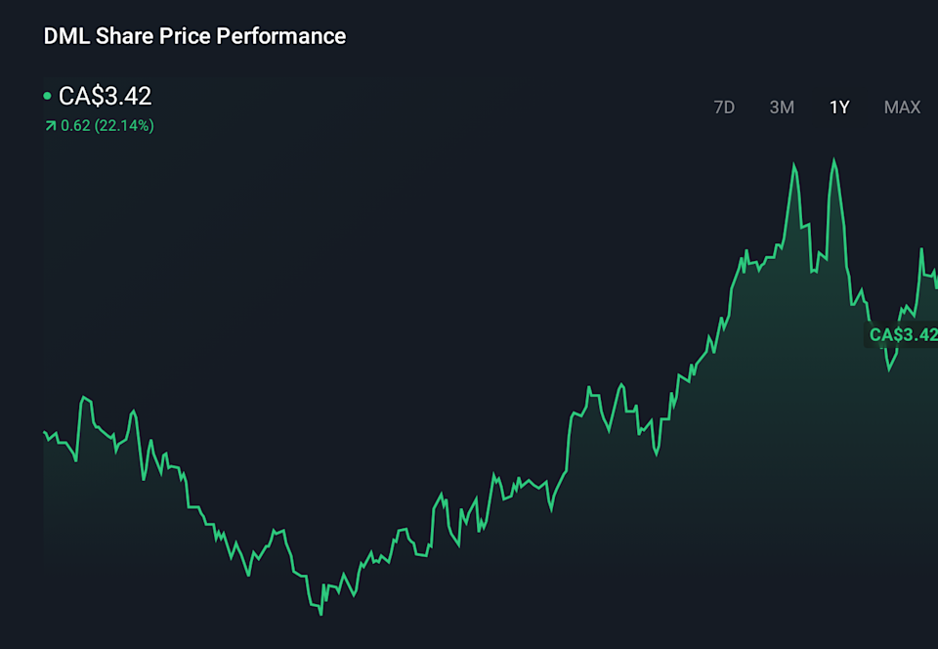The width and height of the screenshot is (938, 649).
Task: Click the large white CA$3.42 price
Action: pos(106,96)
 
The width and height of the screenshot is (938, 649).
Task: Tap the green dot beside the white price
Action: pos(47,96)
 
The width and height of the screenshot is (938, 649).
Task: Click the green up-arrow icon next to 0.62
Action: pos(50,125)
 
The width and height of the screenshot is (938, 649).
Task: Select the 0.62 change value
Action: pos(75,125)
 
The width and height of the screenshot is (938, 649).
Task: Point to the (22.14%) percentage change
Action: pos(124,125)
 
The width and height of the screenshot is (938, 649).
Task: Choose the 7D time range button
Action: pos(724,108)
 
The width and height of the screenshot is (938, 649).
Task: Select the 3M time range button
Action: pos(782,108)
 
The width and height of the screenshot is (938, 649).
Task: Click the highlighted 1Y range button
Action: pos(839,108)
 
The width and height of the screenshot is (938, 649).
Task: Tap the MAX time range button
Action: pos(902,108)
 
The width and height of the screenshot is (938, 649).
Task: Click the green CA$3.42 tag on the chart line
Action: pos(903,335)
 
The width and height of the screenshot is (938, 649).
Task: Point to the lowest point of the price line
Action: pos(320,614)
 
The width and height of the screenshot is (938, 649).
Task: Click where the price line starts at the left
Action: pos(45,432)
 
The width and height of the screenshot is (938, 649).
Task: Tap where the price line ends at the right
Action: pos(936,288)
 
